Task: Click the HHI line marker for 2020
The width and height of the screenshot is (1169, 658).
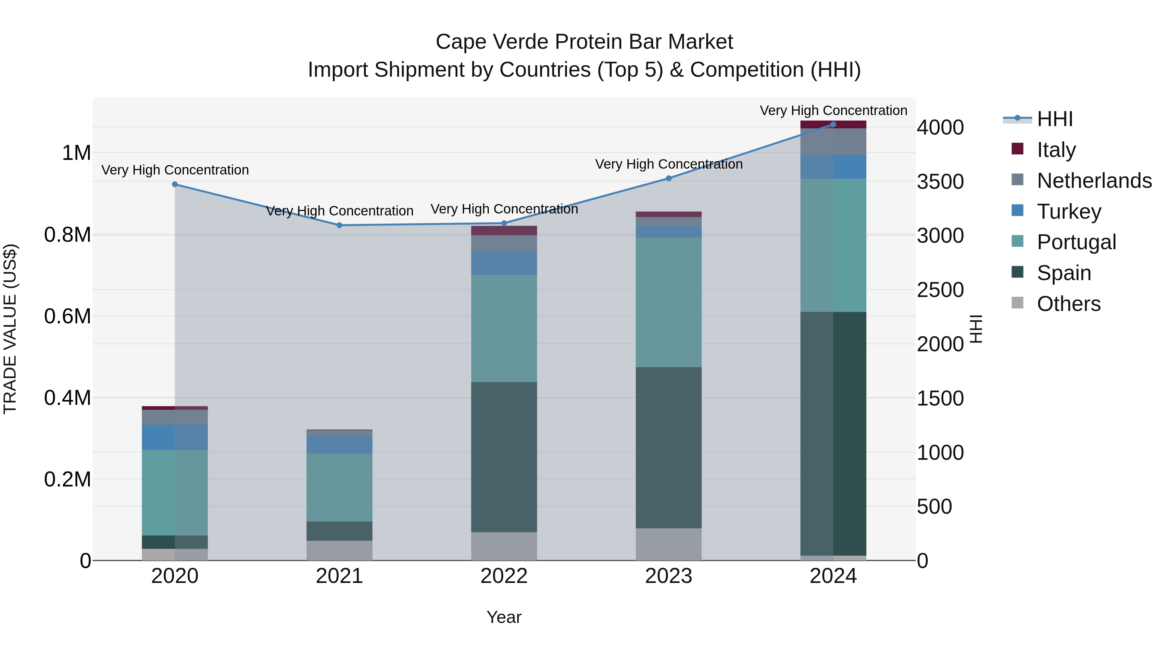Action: (x=175, y=184)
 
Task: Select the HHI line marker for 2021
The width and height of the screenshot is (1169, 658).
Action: (x=339, y=225)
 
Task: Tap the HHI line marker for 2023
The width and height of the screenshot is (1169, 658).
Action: (x=669, y=178)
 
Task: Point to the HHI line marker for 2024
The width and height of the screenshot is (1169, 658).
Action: (x=833, y=124)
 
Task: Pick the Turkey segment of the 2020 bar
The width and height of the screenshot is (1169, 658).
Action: (x=175, y=437)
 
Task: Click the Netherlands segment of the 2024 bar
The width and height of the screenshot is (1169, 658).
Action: (x=833, y=142)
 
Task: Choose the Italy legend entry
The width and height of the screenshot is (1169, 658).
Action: (x=1056, y=150)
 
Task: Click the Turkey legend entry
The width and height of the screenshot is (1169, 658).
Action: (x=1068, y=212)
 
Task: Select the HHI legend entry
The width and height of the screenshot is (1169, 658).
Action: (x=1054, y=119)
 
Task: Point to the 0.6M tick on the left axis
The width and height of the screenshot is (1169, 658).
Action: (x=68, y=316)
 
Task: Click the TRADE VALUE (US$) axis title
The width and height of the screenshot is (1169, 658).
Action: (x=10, y=329)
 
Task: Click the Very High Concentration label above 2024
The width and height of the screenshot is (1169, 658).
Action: (x=833, y=110)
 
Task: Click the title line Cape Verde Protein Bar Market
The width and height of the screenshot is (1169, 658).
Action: (x=584, y=42)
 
